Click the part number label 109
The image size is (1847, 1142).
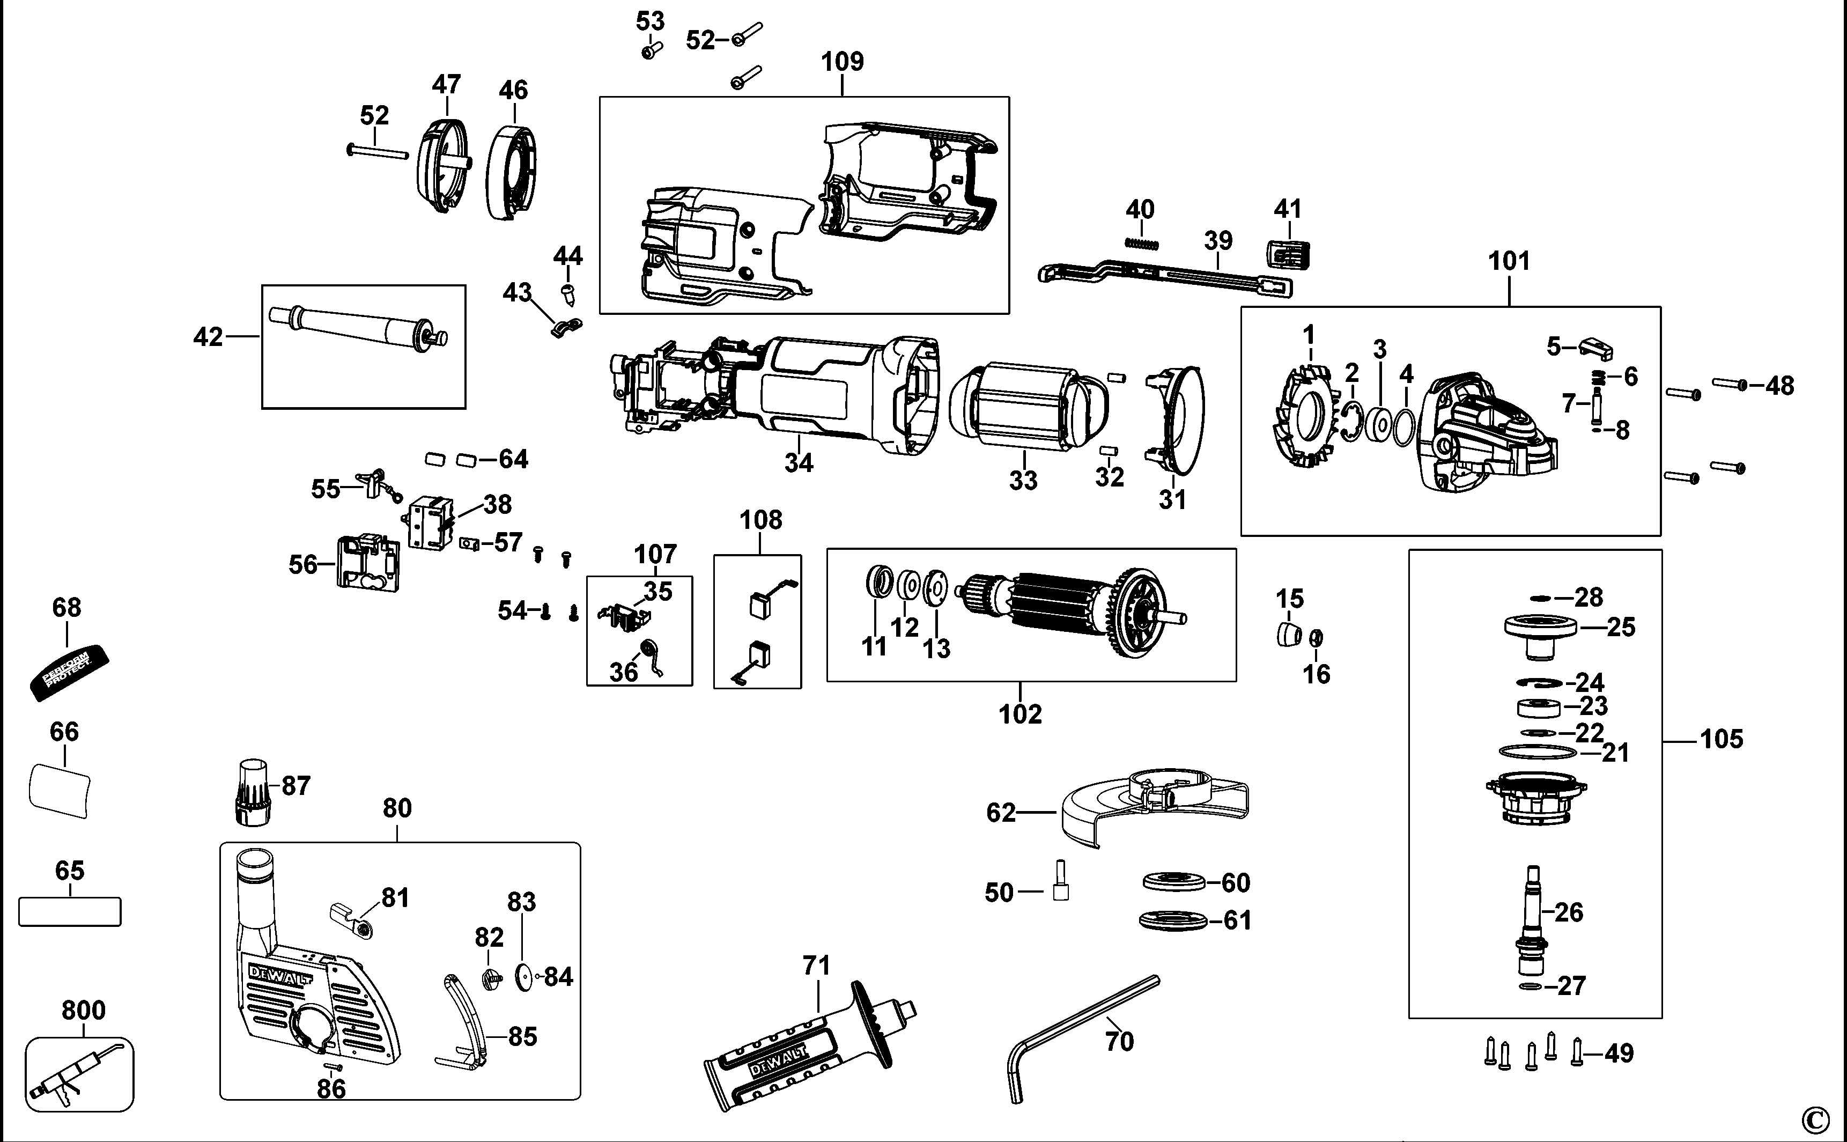tap(842, 61)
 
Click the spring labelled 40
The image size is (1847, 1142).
tap(1142, 242)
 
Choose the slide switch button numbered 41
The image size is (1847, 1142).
tap(1287, 255)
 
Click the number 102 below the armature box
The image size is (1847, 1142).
tap(1020, 714)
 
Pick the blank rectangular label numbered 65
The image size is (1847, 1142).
tap(70, 912)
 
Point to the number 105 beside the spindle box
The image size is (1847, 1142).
tap(1721, 739)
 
